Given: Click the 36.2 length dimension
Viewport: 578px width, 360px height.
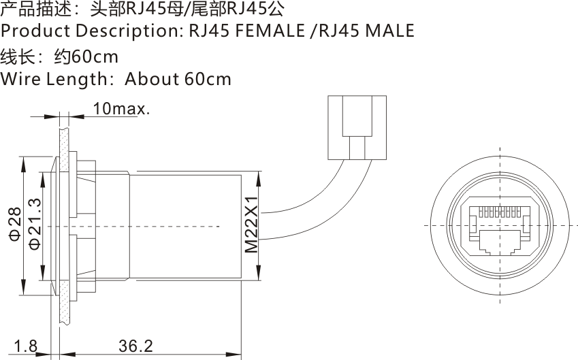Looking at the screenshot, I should click(x=135, y=346).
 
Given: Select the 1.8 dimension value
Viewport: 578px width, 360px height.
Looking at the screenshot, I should click(x=26, y=346).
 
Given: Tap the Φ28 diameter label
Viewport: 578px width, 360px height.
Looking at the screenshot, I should click(x=15, y=225).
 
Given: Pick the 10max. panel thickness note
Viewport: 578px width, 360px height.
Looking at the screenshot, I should click(x=121, y=108).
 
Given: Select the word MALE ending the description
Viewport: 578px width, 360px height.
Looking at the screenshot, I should click(x=389, y=31).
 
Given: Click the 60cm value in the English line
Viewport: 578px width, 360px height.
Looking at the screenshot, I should click(x=208, y=79).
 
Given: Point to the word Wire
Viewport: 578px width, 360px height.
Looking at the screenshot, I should click(x=20, y=79).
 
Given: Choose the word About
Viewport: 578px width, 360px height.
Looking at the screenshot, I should click(x=151, y=79).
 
